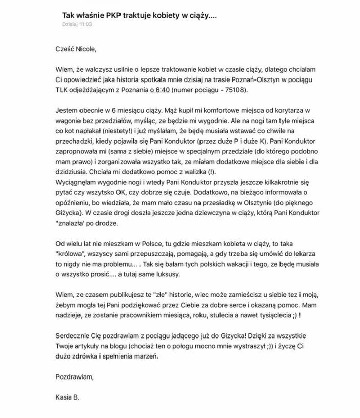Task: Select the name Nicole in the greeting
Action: click(x=84, y=49)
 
